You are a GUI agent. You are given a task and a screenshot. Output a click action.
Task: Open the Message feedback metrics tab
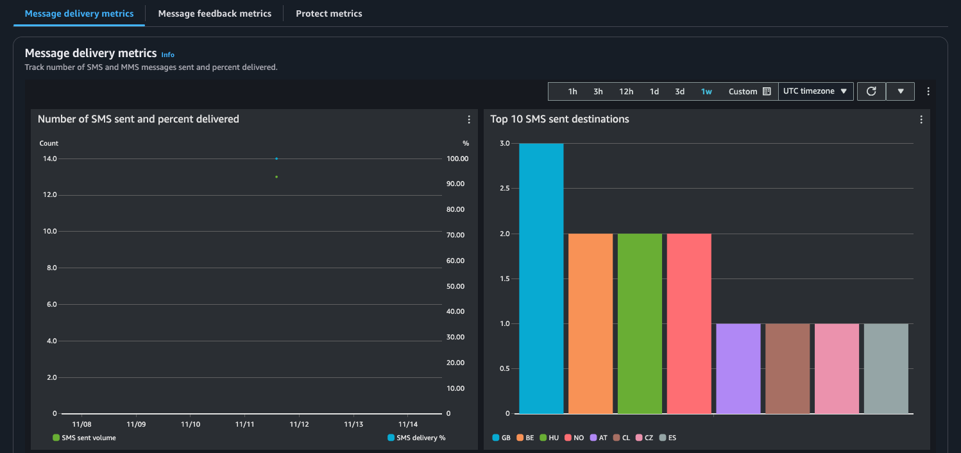tap(214, 13)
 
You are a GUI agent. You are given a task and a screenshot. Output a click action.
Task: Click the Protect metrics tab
tap(328, 13)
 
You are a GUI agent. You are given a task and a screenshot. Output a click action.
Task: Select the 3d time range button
tap(679, 92)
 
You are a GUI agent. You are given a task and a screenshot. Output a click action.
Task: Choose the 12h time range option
tap(626, 92)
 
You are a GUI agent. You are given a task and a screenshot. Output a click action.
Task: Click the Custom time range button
tap(749, 92)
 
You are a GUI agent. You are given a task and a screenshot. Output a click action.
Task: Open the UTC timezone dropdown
tap(815, 91)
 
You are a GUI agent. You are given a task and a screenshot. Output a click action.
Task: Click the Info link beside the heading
tap(167, 55)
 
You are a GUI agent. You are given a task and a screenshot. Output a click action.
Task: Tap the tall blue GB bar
tap(541, 278)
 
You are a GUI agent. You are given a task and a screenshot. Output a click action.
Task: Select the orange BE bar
tap(590, 323)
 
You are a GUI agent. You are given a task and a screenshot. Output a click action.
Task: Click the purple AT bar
tap(738, 368)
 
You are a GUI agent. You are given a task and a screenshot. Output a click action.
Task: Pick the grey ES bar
tap(886, 368)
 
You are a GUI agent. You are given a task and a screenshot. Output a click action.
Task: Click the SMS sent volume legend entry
tap(84, 438)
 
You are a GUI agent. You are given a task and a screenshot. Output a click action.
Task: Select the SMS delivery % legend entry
tap(416, 438)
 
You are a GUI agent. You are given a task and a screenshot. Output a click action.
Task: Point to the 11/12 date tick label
tap(300, 424)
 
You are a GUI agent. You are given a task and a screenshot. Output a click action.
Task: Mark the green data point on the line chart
tap(276, 176)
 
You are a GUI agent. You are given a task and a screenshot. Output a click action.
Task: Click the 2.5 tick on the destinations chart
tap(505, 189)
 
